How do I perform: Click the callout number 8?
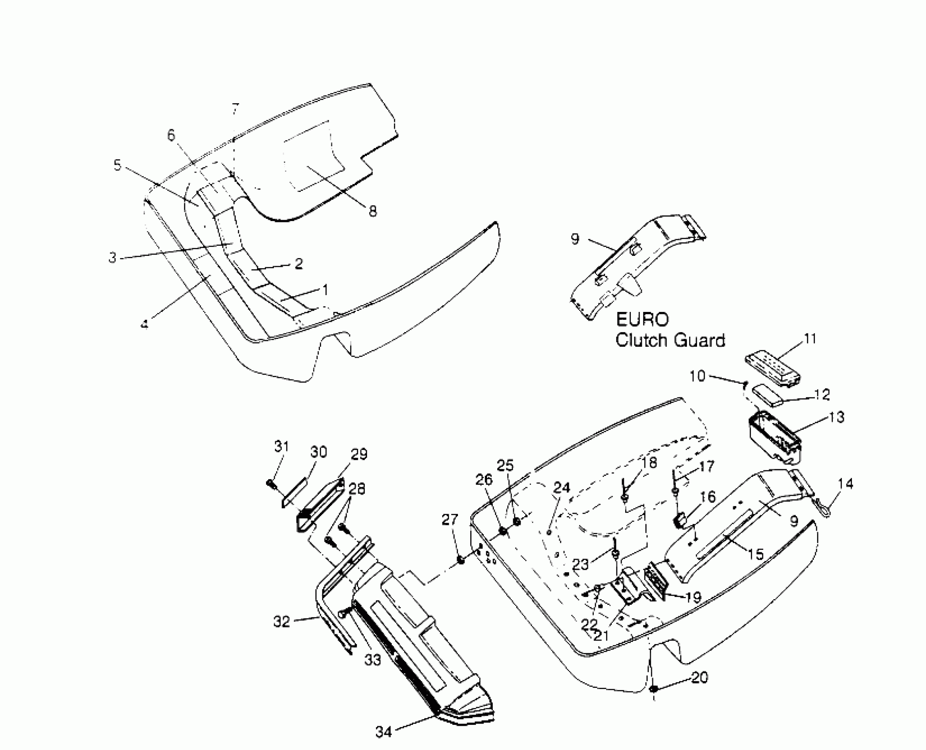[x=373, y=211]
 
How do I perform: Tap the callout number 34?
[x=383, y=732]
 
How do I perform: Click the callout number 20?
[x=700, y=677]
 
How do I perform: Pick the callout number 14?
[x=845, y=484]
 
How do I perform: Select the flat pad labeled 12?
[x=768, y=394]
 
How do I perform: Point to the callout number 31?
[x=281, y=446]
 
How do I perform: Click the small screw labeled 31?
[x=271, y=484]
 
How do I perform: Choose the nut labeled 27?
[x=459, y=560]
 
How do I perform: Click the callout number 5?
[x=117, y=165]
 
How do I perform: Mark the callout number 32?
[x=281, y=622]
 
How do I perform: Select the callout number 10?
[x=697, y=376]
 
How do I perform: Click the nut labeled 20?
[x=654, y=689]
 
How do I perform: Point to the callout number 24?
[x=562, y=487]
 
